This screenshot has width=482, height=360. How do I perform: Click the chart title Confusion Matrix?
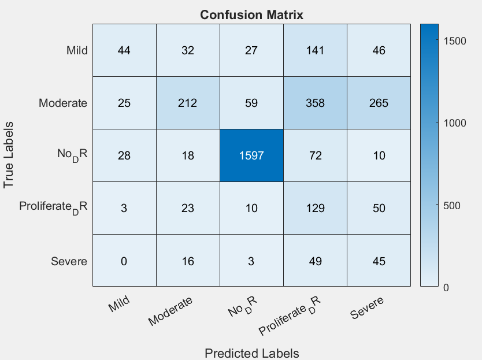(x=251, y=15)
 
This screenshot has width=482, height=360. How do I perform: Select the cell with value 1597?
(x=251, y=155)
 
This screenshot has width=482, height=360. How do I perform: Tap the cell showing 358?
(x=315, y=103)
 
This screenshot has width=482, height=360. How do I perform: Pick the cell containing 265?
(x=379, y=103)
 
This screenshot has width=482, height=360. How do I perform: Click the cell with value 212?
(x=188, y=103)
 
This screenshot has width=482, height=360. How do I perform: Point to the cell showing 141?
(x=315, y=50)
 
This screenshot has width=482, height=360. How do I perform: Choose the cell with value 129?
(x=315, y=208)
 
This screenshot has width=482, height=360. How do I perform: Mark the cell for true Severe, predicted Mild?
(x=124, y=261)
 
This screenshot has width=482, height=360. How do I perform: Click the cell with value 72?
(x=315, y=155)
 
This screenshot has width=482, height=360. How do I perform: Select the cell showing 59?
(x=251, y=103)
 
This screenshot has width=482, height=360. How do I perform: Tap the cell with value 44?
(x=124, y=50)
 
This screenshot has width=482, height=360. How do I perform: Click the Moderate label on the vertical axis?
(x=63, y=103)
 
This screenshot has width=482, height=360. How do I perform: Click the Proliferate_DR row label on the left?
(x=53, y=206)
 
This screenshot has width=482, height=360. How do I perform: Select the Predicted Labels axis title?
(x=251, y=352)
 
